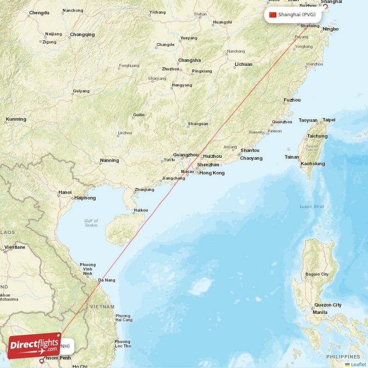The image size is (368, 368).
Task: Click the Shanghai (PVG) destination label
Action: (x=296, y=15)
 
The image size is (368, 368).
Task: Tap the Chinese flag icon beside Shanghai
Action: (x=273, y=15)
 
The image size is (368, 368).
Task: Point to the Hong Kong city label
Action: (x=212, y=173)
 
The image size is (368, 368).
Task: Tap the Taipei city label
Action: (x=329, y=120)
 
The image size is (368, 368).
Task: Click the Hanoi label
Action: (x=65, y=192)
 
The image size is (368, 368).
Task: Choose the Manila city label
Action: (x=320, y=312)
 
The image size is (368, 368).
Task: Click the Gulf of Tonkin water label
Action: (x=91, y=223)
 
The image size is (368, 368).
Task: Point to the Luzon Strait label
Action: (x=312, y=207)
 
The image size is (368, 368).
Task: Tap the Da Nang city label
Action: (x=107, y=280)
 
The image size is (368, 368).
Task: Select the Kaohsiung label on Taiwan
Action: (x=313, y=164)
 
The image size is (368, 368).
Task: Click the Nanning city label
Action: (x=109, y=161)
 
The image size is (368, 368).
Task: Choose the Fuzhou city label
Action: (x=292, y=100)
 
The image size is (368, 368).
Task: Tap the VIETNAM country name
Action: (x=102, y=306)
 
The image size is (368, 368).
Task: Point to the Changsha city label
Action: (x=190, y=60)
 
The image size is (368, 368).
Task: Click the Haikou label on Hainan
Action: (x=141, y=211)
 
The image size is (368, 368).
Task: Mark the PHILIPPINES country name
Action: (x=344, y=357)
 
